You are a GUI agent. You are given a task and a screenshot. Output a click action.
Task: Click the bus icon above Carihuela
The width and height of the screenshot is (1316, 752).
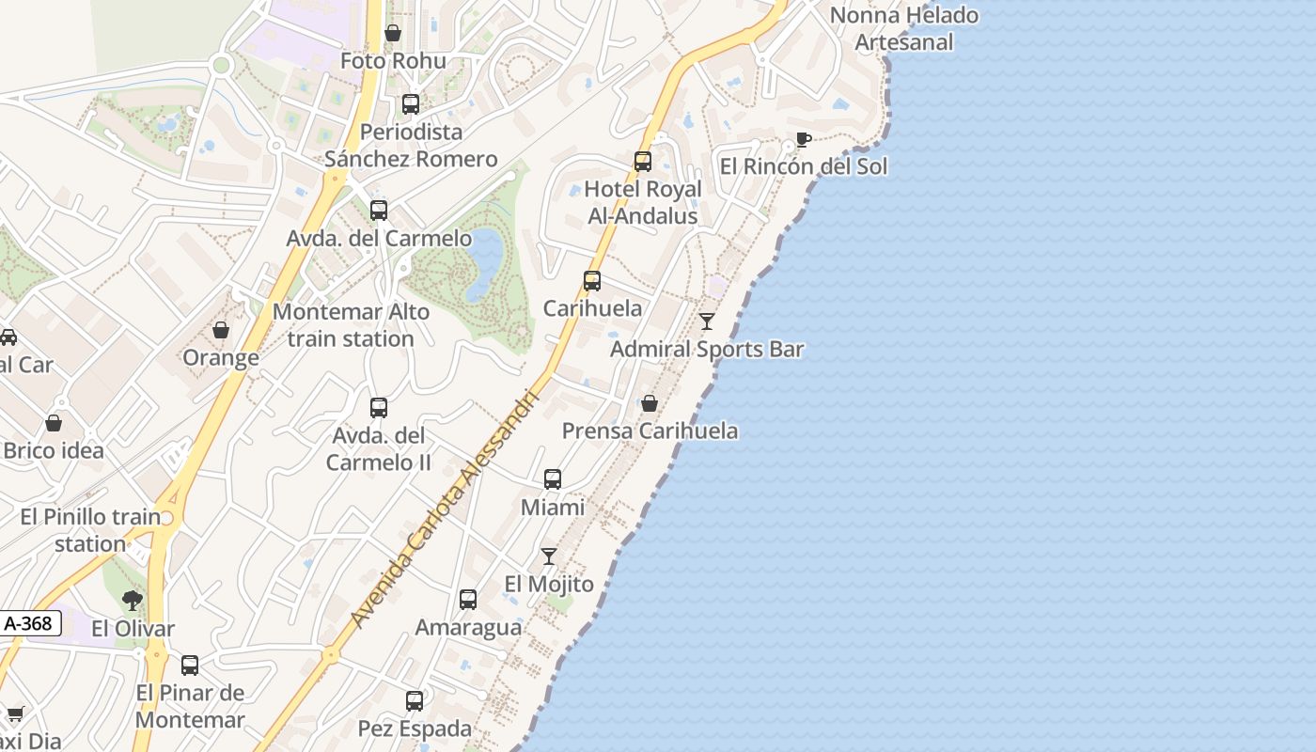[592, 280]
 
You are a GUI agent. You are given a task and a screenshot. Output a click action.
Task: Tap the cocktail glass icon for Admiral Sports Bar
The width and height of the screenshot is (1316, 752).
[707, 321]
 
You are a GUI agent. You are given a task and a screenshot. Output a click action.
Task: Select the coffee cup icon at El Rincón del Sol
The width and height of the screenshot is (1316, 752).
[803, 140]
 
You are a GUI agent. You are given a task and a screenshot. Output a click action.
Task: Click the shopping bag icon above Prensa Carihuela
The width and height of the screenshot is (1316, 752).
[649, 403]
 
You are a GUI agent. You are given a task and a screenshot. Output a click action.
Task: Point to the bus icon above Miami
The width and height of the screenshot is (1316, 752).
[553, 479]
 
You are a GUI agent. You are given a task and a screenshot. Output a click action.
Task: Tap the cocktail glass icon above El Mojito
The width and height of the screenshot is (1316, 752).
[549, 556]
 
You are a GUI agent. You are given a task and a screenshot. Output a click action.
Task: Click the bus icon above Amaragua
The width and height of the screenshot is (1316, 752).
[468, 600]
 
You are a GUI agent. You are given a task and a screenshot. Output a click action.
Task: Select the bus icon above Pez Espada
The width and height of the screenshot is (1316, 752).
[415, 701]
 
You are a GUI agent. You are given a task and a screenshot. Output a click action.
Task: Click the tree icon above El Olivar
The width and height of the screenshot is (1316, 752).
[133, 601]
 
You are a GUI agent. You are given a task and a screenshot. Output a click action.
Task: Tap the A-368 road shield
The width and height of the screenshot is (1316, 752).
[29, 623]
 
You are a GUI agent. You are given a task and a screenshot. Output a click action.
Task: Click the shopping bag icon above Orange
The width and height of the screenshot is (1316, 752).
[221, 330]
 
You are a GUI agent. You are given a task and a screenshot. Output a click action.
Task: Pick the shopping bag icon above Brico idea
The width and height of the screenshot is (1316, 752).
[54, 423]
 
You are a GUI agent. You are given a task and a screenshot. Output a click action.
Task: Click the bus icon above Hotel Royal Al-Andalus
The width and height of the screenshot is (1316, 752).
[643, 162]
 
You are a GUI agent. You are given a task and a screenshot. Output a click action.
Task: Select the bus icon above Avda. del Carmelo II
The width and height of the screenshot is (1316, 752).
[379, 408]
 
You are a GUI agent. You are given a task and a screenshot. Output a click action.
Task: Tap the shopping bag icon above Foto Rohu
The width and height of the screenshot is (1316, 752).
[393, 33]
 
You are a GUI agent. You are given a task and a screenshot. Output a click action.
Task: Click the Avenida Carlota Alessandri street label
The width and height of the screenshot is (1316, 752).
[446, 508]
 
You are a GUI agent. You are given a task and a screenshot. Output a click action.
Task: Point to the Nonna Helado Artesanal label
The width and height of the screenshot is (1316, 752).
[904, 28]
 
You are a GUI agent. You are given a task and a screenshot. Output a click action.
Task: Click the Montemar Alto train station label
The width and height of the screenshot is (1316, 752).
[351, 325]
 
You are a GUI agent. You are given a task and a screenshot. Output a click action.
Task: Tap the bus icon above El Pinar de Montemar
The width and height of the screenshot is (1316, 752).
[190, 666]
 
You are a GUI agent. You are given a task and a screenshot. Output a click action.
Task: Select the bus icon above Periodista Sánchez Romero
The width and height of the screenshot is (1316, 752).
[411, 104]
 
